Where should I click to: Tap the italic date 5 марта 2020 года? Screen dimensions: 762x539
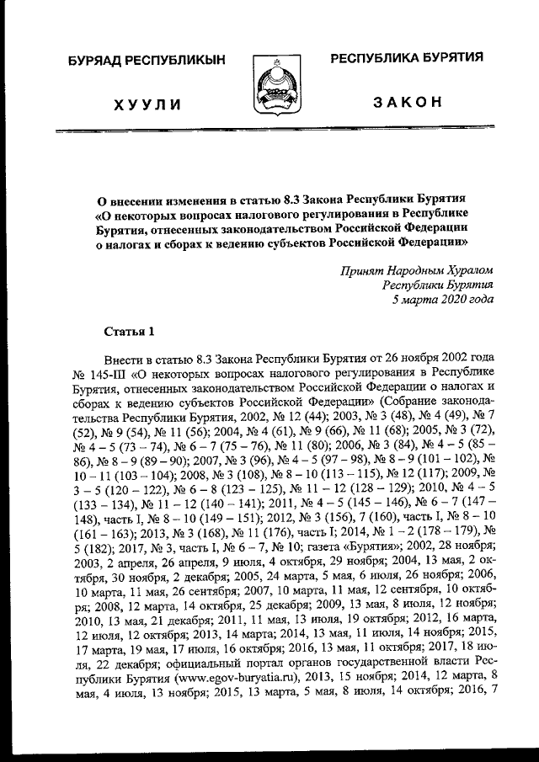443,298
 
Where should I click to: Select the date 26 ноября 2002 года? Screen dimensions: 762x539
440,358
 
